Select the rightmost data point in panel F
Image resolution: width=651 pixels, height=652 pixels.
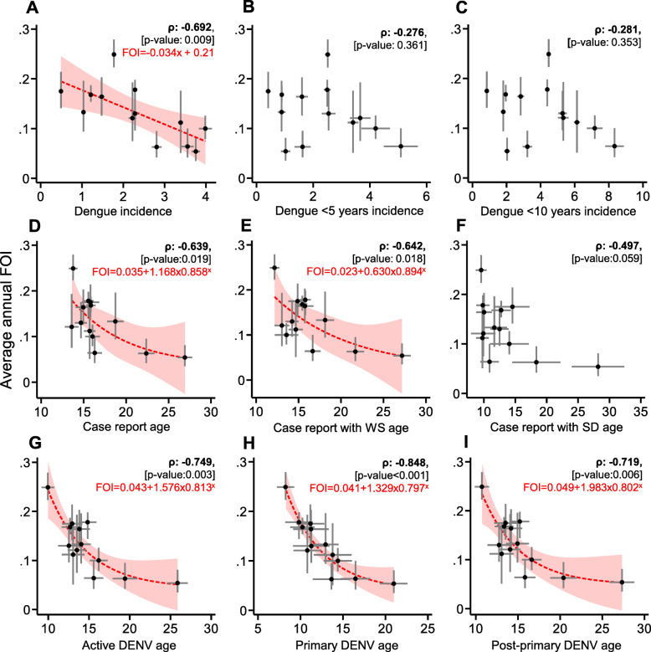pos(597,366)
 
